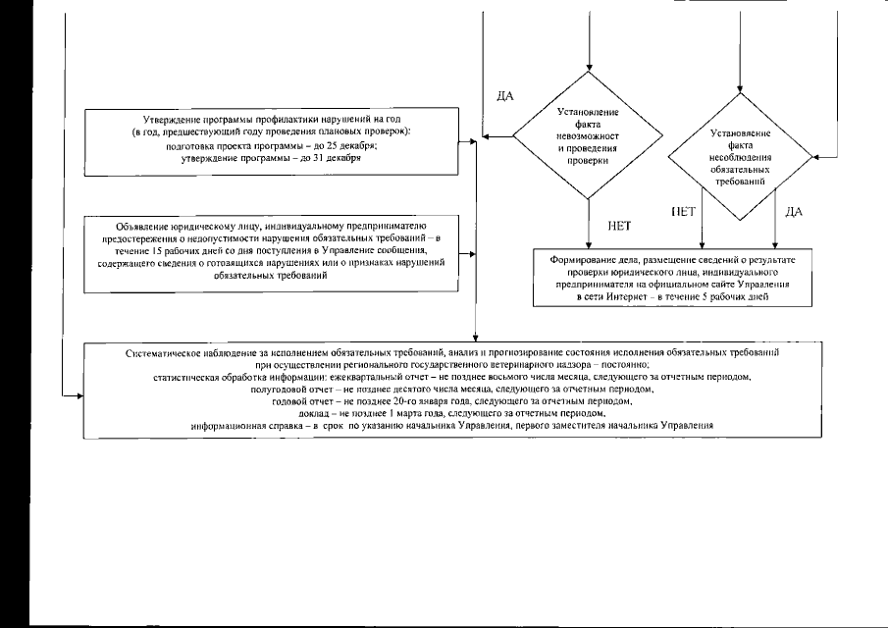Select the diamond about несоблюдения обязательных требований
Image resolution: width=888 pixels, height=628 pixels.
tap(740, 157)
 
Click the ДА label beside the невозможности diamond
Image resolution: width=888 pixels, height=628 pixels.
tap(506, 95)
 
